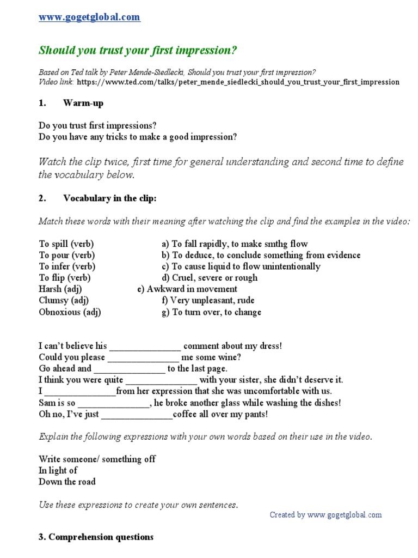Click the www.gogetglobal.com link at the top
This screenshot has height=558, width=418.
click(x=89, y=17)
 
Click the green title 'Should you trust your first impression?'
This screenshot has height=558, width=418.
click(x=138, y=51)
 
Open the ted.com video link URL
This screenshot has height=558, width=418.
click(x=238, y=82)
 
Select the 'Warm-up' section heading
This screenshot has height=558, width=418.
click(x=83, y=103)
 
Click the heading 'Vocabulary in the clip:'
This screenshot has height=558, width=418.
click(x=109, y=199)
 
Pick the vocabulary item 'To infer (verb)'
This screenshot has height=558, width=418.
click(x=67, y=266)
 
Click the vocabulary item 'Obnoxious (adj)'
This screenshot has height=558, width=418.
click(x=70, y=312)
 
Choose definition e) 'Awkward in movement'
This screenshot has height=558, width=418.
click(x=187, y=289)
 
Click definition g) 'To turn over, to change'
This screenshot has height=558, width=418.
click(x=211, y=312)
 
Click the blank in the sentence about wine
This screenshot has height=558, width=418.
click(x=143, y=358)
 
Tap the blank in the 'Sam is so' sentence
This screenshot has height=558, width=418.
click(x=113, y=403)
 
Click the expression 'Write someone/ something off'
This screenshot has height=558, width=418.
click(x=97, y=459)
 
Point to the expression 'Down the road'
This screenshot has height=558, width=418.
click(x=67, y=482)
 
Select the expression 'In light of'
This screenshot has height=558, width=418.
click(x=58, y=470)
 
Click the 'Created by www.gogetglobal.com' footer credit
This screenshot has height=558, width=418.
click(x=325, y=515)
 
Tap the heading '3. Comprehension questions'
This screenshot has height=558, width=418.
click(x=96, y=537)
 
